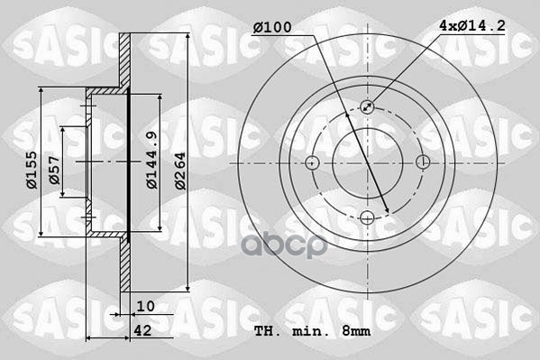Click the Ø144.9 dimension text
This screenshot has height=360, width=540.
(x=152, y=160)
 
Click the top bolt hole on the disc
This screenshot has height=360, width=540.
(x=368, y=106)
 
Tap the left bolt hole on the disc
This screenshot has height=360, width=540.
(x=312, y=162)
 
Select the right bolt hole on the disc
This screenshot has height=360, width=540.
(x=424, y=162)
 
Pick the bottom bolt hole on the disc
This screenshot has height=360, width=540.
(x=368, y=217)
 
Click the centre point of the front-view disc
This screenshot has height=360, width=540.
(x=368, y=162)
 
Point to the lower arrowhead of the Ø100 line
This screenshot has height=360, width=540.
(x=388, y=211)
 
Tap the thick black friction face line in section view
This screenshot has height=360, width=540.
(x=129, y=162)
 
